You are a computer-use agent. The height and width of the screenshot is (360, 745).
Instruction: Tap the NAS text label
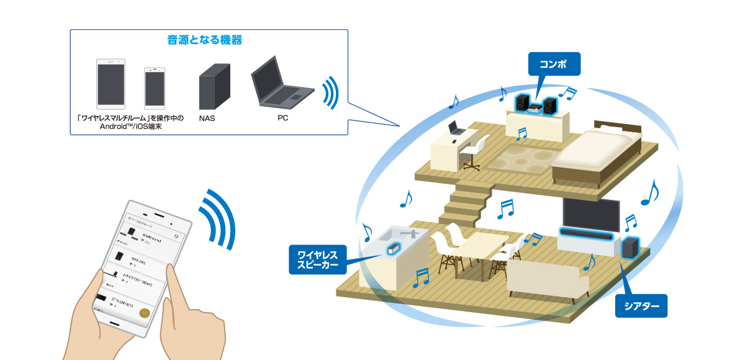(x=207, y=117)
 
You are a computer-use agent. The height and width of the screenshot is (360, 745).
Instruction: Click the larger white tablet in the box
(x=111, y=84)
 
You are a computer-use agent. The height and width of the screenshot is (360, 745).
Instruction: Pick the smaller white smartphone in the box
(x=155, y=88)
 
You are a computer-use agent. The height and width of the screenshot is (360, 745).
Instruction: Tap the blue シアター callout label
(x=641, y=305)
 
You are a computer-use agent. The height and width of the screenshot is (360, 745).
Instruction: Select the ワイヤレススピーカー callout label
(x=317, y=260)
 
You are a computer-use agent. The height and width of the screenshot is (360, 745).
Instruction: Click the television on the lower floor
(x=590, y=215)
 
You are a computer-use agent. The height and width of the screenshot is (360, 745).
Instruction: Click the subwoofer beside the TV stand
(x=629, y=248)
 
